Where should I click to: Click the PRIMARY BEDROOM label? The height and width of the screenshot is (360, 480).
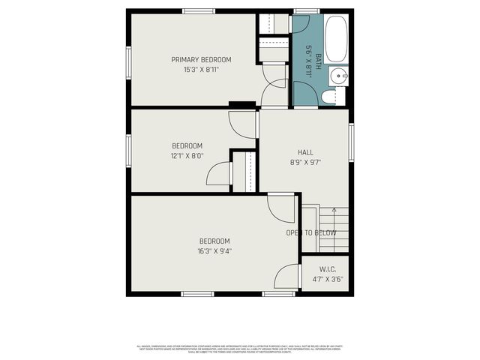tap(201, 60)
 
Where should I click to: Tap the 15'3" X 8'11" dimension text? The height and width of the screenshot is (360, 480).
tap(201, 70)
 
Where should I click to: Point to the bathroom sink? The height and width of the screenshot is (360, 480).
tap(337, 75)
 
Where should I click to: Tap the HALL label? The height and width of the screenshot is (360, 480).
tap(305, 152)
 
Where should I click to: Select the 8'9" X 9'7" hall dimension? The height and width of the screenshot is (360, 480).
tap(305, 162)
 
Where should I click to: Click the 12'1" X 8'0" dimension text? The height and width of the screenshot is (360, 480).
tap(187, 156)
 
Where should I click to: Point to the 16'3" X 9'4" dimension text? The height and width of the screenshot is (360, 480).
tap(214, 251)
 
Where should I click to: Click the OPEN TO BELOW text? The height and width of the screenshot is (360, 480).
tap(310, 233)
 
